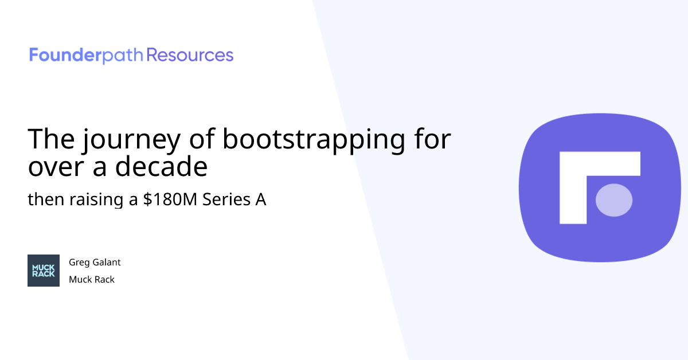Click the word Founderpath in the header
pos(86,56)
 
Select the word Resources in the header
pos(190,56)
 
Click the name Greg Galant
pos(95,263)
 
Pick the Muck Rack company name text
pos(92,280)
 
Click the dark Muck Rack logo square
pos(44,271)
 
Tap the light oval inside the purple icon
pos(614,200)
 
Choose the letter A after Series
pos(260,200)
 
